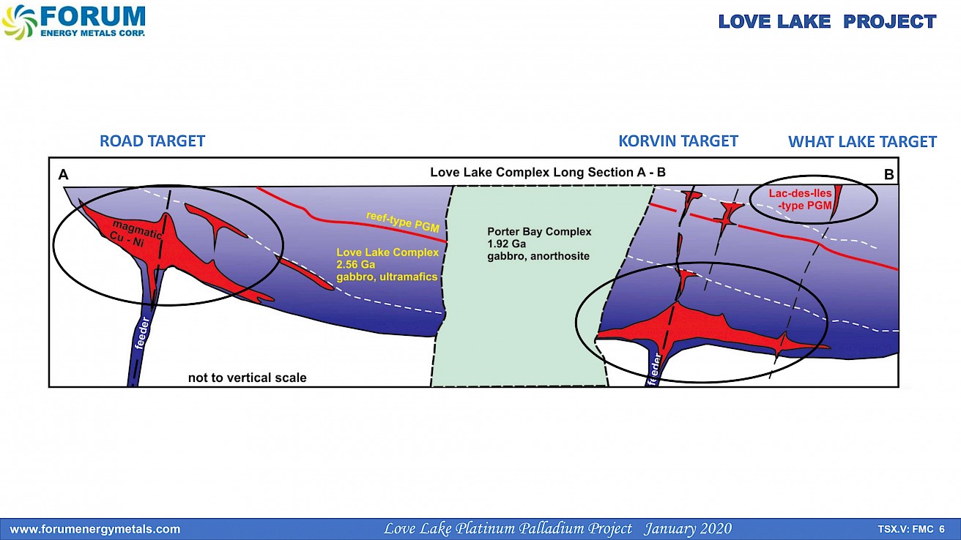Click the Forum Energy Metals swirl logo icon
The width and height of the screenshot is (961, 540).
pos(19,21)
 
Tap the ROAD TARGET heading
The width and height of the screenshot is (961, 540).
pos(152,141)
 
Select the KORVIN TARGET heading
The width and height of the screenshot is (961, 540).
pos(678,140)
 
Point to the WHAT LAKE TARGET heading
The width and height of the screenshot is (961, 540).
pos(862,142)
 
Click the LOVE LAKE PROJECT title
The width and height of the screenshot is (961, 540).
pos(827,22)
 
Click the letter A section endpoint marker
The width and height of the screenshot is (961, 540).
pos(64,175)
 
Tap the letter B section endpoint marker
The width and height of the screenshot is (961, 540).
pos(888,175)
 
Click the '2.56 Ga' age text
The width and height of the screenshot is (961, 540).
pos(355,264)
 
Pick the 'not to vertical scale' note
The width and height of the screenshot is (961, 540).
pos(247,378)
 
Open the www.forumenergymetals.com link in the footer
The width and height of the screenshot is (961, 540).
pos(94,529)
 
